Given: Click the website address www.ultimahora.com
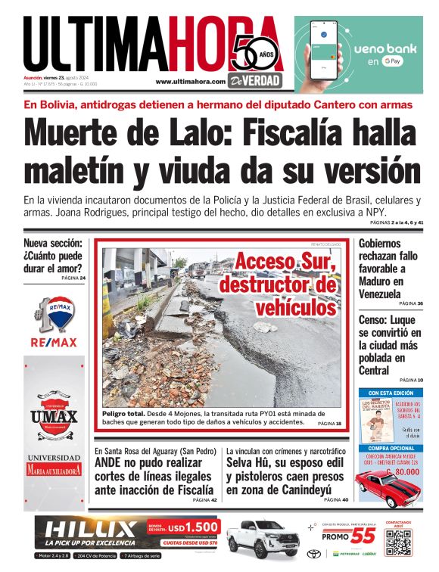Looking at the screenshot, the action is click(190, 81).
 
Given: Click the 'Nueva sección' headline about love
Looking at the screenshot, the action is click(53, 255).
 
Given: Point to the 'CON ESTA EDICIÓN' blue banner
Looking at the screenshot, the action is click(391, 393).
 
